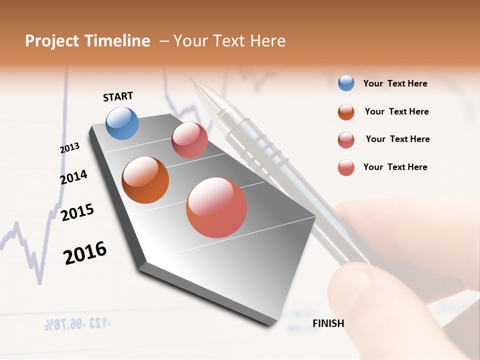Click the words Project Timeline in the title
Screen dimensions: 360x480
tap(87, 41)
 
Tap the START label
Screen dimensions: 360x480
tap(118, 96)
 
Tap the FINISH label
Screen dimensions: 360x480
tap(328, 323)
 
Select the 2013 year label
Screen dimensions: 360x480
tap(69, 148)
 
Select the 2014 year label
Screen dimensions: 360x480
tap(73, 177)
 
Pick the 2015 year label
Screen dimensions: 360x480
tap(77, 212)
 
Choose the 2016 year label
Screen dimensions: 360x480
tap(85, 252)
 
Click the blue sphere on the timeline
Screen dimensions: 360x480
tap(122, 123)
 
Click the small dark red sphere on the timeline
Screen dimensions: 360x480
tap(189, 140)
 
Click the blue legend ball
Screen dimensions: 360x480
tap(346, 83)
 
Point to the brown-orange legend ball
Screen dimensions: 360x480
tap(346, 112)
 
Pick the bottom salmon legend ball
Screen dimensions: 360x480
tap(346, 167)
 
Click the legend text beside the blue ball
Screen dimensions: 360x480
tap(395, 84)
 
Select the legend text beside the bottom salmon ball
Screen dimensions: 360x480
tap(395, 167)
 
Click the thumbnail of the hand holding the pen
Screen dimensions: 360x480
tap(390, 280)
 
